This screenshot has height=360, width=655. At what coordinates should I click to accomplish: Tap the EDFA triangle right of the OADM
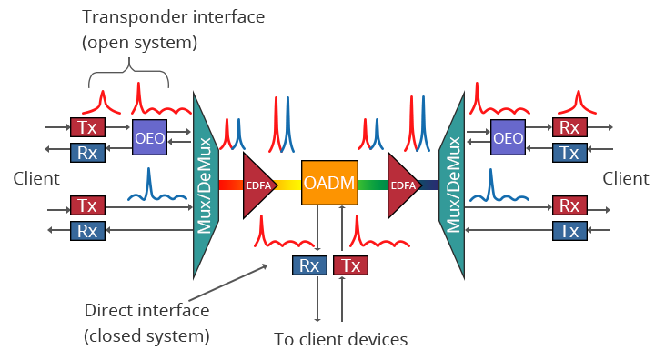tap(402, 185)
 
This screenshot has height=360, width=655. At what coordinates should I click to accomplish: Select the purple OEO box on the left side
tap(149, 138)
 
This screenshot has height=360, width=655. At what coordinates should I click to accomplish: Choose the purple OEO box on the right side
tap(508, 138)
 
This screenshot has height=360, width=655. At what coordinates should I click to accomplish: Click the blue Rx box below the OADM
tap(308, 265)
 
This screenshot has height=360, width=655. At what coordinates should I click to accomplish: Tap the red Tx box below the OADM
tap(350, 265)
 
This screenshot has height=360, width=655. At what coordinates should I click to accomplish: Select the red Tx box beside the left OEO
tap(86, 126)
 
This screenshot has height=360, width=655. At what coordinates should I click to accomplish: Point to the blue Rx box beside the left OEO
tap(86, 151)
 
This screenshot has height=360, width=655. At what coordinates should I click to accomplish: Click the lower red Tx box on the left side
tap(86, 205)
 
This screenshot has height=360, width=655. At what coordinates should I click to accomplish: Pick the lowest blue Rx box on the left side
tap(86, 231)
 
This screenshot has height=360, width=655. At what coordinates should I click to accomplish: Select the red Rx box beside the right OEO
tap(569, 127)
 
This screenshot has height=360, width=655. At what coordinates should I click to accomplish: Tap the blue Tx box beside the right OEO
tap(569, 152)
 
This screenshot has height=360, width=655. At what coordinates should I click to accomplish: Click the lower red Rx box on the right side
tap(569, 205)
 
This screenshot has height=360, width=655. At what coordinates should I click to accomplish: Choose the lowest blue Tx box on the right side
tap(569, 231)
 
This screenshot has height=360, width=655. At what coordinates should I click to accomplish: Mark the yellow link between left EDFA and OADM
tap(287, 185)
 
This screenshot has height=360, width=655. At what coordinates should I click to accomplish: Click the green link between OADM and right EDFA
tap(372, 185)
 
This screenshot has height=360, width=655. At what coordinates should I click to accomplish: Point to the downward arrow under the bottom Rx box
tap(317, 300)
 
